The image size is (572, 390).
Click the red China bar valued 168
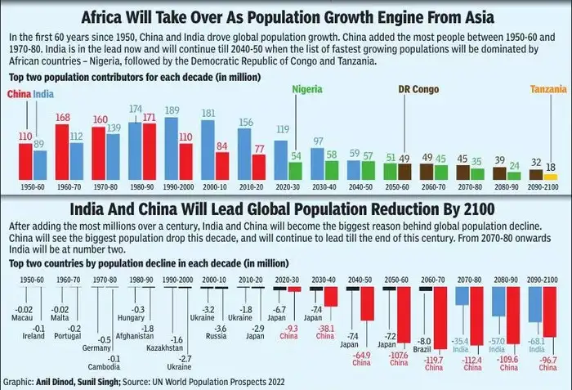click(61, 152)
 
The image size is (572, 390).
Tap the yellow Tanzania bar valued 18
click(551, 176)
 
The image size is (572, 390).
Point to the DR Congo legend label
click(417, 89)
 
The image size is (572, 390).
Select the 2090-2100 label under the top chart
click(543, 186)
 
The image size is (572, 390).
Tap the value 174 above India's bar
click(136, 109)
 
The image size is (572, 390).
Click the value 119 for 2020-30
click(283, 128)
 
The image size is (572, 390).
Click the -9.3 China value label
click(291, 327)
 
